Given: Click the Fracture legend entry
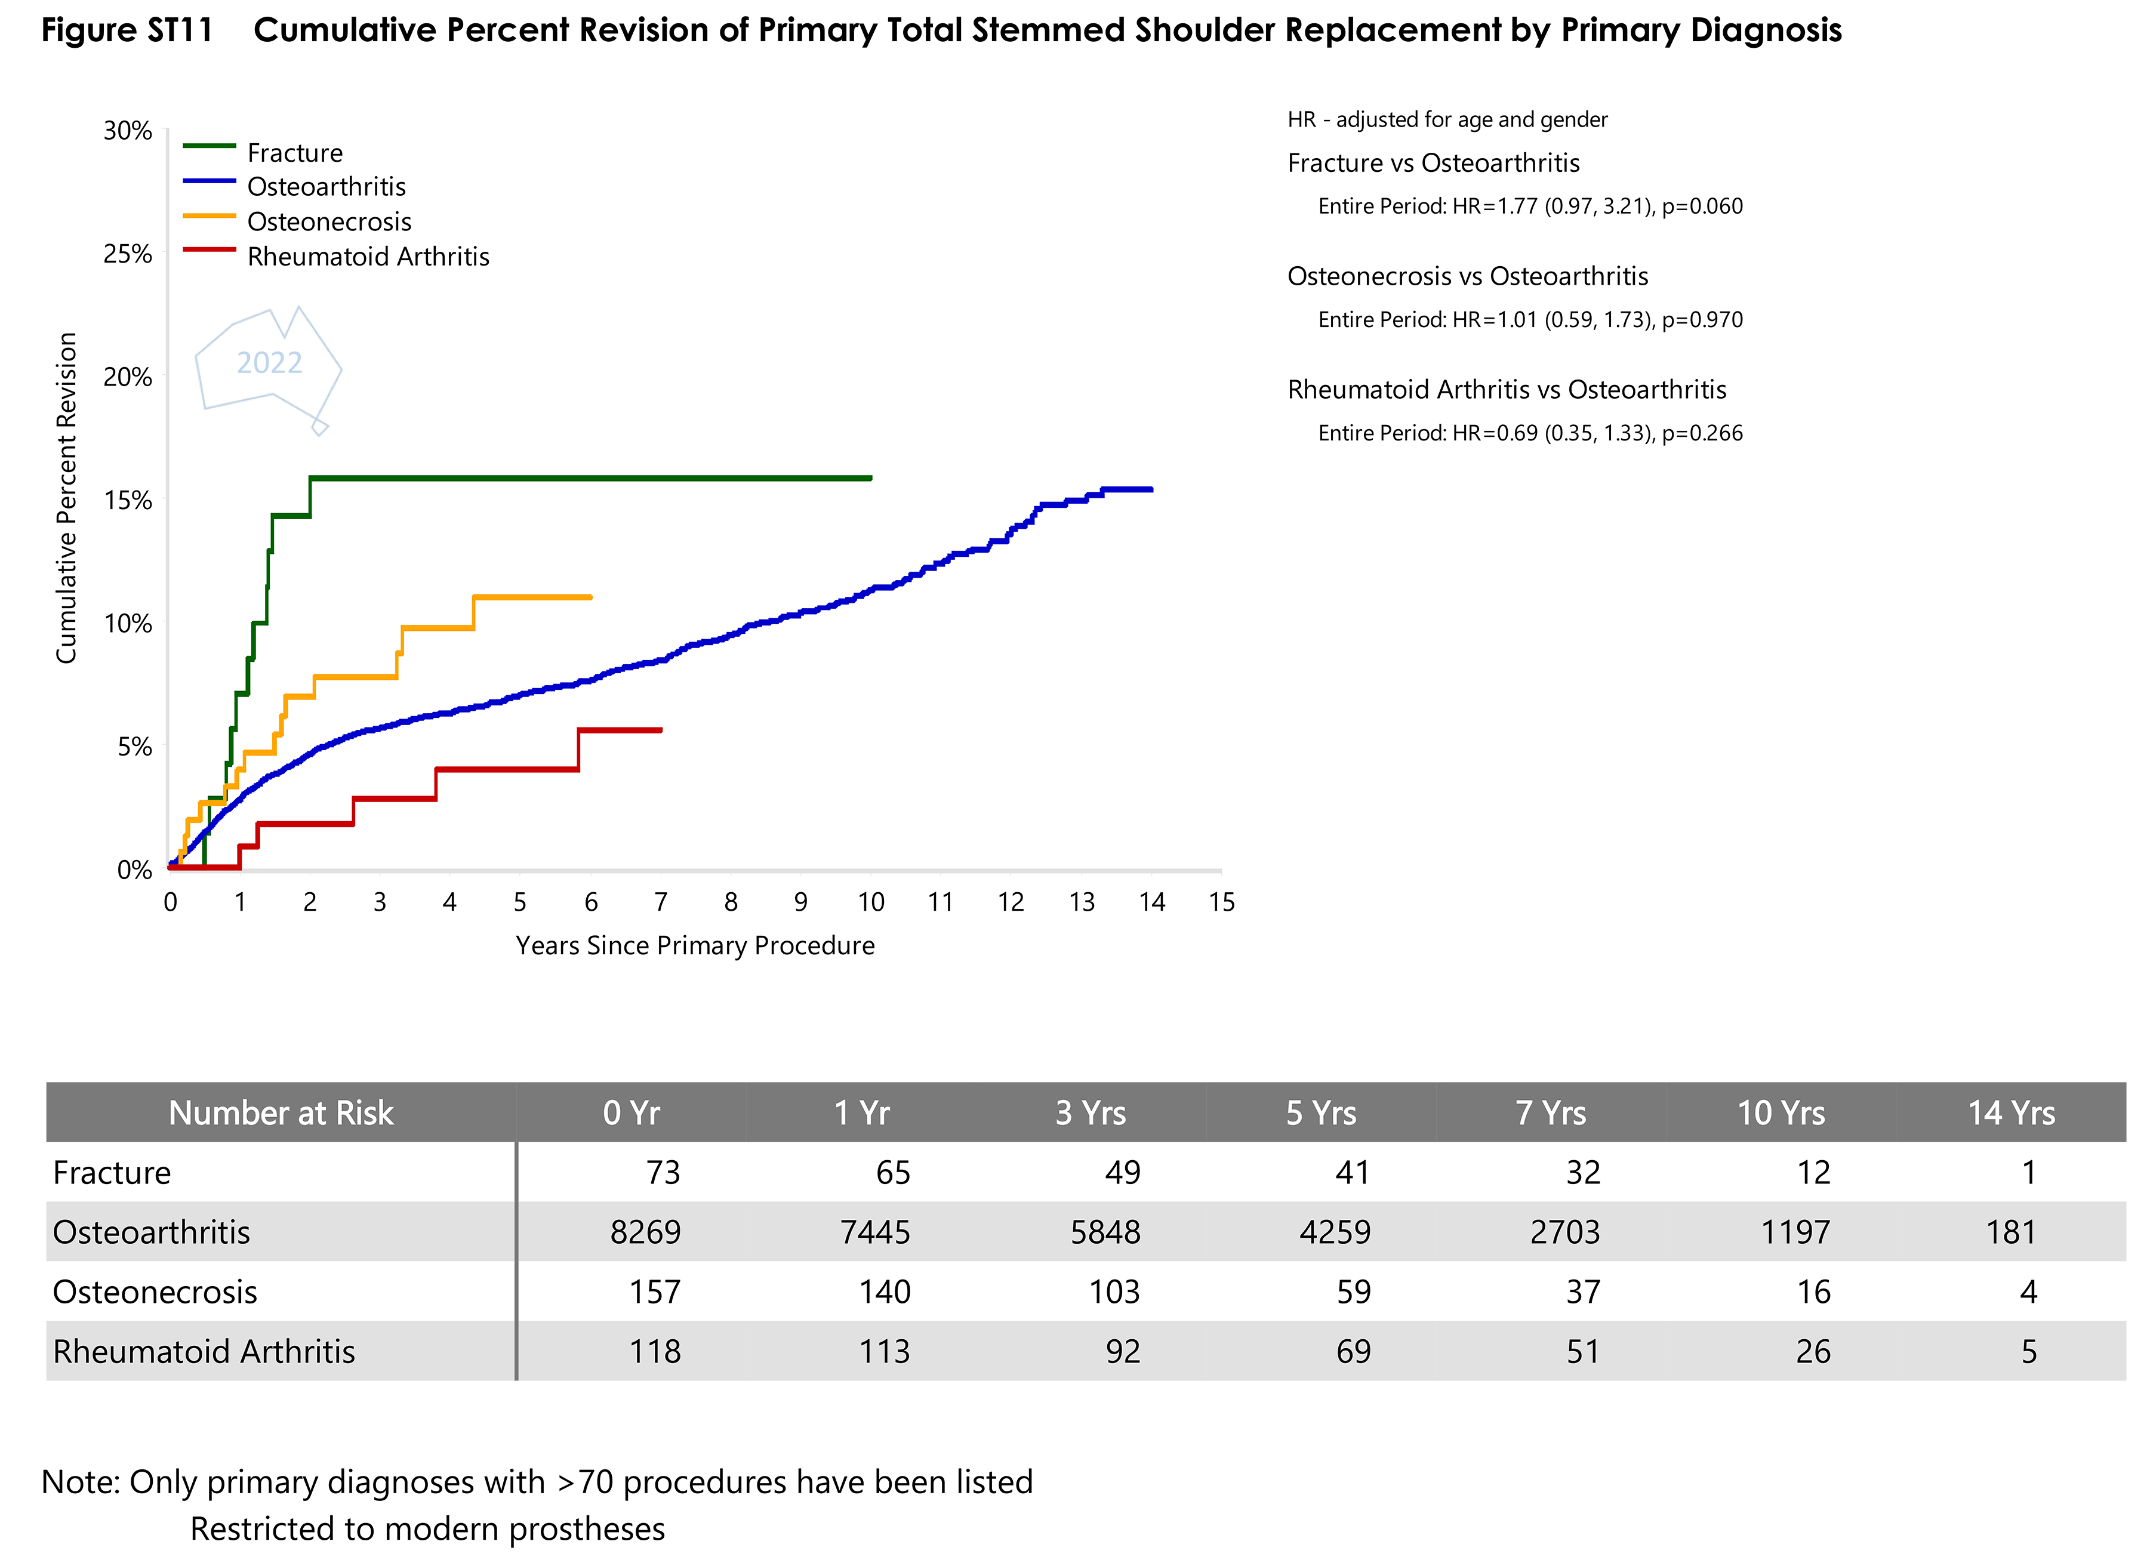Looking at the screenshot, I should coord(294,153).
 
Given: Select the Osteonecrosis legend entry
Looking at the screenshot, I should coord(328,222).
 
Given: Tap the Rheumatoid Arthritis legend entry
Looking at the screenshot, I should coord(368,257).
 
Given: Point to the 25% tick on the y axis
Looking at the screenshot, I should coord(128,254).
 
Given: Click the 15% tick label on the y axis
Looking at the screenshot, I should coord(128,501).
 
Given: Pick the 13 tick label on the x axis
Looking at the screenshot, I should coord(1082,902).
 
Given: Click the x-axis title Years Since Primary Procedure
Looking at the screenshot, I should coord(695,946).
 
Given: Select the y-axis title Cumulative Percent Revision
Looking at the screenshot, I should coord(66,498).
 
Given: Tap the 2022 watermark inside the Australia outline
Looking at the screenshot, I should coord(269,363).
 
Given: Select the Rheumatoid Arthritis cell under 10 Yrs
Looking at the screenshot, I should coord(1813,1352).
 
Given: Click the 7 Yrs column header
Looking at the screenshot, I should coord(1550,1113).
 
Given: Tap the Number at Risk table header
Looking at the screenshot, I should coord(281,1113).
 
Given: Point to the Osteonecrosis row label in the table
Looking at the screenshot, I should coord(155,1292).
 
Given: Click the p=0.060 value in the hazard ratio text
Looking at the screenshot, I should coord(1702,206).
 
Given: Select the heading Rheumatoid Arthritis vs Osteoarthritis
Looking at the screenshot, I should coord(1507,390).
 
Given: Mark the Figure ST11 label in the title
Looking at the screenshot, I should coord(127,30).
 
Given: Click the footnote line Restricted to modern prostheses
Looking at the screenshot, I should coord(427,1529).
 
